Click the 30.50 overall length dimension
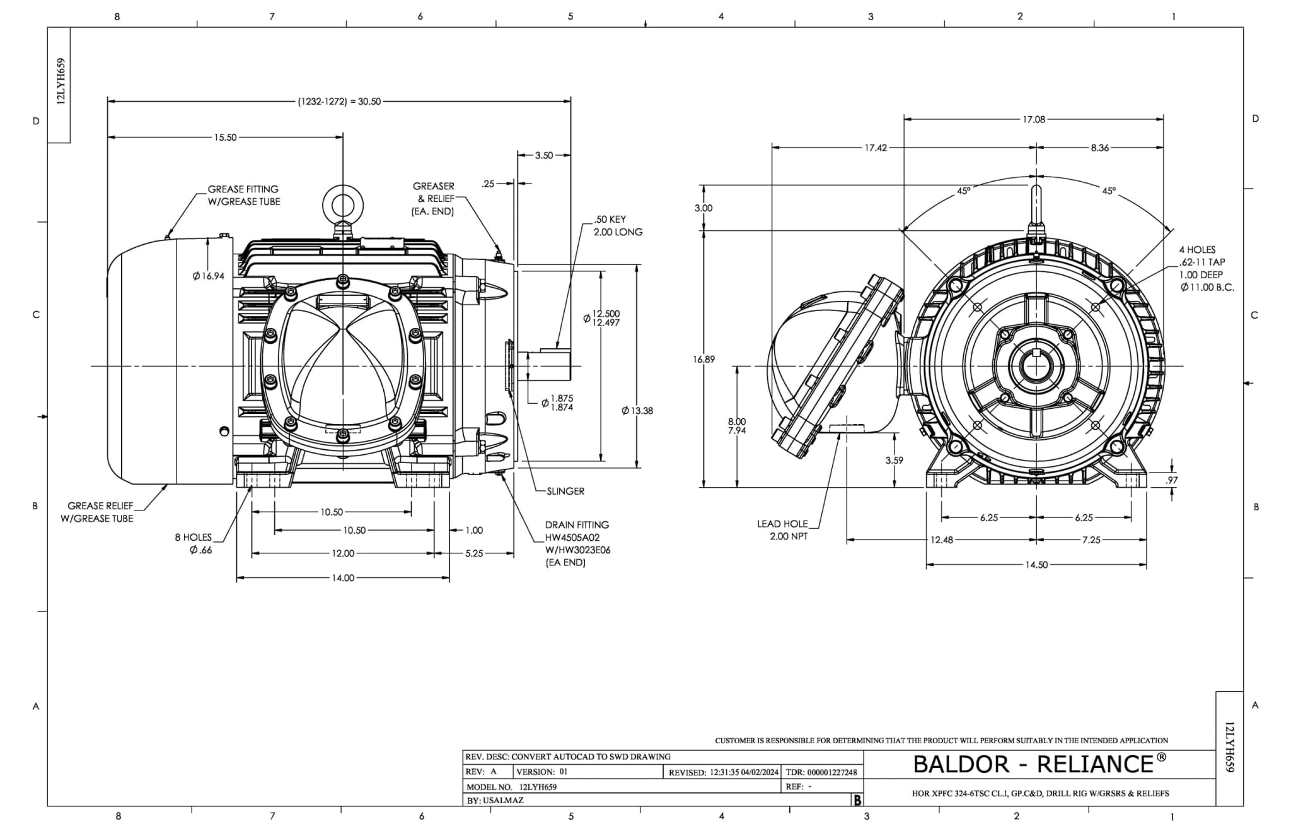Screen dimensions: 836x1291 339,101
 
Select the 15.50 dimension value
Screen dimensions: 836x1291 225,137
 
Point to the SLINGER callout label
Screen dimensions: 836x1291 565,491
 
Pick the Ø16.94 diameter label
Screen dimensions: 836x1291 209,276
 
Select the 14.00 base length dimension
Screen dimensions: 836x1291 342,578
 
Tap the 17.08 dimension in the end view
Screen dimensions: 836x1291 1033,119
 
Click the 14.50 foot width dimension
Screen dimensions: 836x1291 1036,565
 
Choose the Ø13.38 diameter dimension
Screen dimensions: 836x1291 637,411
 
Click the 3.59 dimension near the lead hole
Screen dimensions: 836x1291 894,461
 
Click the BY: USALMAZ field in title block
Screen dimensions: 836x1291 495,800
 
